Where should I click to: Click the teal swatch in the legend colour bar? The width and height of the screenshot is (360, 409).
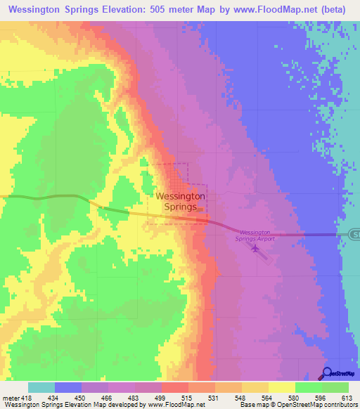(x=41, y=387)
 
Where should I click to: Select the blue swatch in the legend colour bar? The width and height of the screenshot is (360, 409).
(x=68, y=387)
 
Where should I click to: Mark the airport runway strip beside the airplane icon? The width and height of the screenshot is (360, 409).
(x=262, y=253)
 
